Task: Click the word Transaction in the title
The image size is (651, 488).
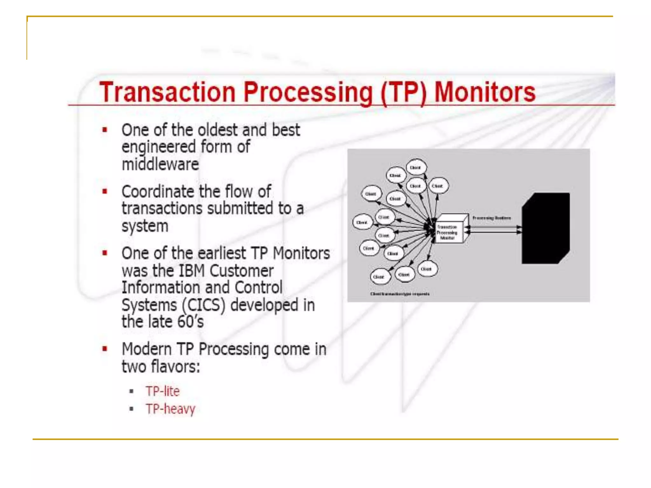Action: (x=167, y=92)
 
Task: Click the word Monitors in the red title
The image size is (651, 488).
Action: (x=484, y=92)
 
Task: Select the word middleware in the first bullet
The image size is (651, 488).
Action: (x=160, y=164)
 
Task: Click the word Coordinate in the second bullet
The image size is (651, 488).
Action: (x=158, y=192)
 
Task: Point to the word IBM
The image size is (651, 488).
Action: (x=192, y=271)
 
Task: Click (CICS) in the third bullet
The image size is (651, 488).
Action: (x=203, y=305)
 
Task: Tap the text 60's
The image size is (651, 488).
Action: (x=190, y=322)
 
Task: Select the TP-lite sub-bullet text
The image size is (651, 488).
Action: (x=162, y=391)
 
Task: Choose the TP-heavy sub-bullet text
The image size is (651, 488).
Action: (x=170, y=409)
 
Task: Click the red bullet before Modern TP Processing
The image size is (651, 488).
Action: (x=105, y=349)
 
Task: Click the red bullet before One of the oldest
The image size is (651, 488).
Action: (x=105, y=130)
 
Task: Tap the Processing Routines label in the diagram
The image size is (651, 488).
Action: (x=491, y=218)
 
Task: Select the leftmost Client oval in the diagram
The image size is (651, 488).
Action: (x=362, y=222)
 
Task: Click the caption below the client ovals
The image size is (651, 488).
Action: (x=400, y=294)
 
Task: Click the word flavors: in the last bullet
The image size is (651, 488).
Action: (x=175, y=367)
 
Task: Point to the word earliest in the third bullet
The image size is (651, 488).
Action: (x=222, y=254)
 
